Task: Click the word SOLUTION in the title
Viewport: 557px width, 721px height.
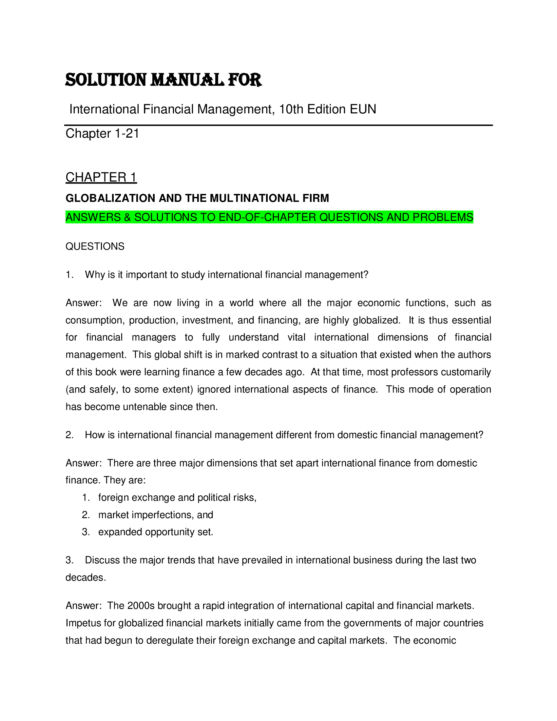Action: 106,80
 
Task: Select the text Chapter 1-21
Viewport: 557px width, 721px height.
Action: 102,134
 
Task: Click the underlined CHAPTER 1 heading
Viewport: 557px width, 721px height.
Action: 101,177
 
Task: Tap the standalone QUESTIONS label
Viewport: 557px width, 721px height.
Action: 95,246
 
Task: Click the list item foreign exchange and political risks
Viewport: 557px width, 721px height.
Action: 177,497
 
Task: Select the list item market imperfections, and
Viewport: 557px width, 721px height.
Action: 155,515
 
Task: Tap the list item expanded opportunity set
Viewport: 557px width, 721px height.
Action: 155,532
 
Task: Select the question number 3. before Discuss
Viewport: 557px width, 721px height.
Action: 69,560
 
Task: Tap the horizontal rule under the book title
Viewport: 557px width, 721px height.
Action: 278,125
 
